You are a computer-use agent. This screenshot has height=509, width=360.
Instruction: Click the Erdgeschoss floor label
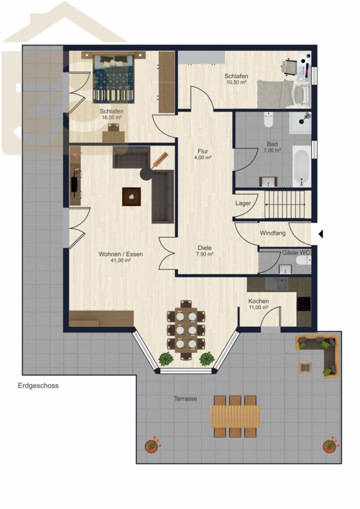(38, 386)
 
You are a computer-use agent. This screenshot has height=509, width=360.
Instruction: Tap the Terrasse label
(185, 399)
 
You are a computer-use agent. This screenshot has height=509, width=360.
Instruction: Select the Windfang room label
(273, 233)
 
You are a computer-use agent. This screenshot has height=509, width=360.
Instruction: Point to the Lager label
(243, 203)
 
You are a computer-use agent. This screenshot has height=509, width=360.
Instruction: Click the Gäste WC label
(296, 252)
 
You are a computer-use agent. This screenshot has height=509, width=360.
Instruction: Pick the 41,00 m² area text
(120, 260)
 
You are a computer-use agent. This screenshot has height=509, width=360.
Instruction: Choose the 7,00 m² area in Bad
(272, 150)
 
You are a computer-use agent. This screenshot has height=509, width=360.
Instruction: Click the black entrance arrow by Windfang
(320, 234)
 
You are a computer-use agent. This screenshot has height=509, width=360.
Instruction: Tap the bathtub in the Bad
(302, 166)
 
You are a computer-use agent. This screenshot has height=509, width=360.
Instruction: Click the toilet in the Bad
(268, 120)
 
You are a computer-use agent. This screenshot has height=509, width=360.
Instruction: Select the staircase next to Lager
(285, 205)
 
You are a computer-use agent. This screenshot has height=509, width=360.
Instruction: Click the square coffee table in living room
(132, 196)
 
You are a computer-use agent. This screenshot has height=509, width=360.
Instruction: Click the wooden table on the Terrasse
(235, 416)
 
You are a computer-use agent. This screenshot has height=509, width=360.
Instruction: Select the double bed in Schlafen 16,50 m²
(114, 79)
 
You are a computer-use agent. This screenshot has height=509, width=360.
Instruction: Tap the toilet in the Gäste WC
(303, 260)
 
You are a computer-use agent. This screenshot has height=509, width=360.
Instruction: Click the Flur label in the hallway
(203, 151)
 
